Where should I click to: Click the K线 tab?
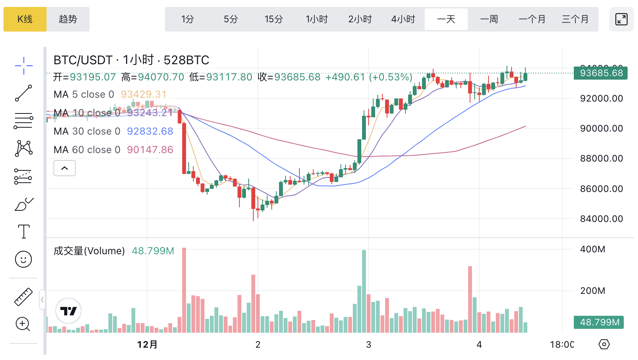[x=25, y=19]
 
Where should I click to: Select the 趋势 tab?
[x=68, y=19]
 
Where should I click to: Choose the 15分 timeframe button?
[x=274, y=19]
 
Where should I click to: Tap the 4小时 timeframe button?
[x=403, y=19]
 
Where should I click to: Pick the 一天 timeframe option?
[x=446, y=19]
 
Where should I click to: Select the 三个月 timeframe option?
[x=575, y=19]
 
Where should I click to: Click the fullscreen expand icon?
[x=621, y=19]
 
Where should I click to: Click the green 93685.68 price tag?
[x=601, y=73]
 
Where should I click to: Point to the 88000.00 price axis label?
[x=601, y=158]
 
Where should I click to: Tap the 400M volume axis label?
[x=593, y=249]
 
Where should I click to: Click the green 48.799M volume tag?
[x=599, y=322]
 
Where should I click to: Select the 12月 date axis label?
[x=147, y=345]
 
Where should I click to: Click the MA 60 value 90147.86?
[x=150, y=150]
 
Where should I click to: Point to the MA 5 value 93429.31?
[x=144, y=94]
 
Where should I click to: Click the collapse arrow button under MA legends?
[x=65, y=168]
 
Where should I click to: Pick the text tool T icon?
[x=23, y=232]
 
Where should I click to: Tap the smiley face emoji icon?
[x=23, y=259]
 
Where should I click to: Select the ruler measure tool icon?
[x=23, y=297]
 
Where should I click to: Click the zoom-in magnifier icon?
[x=23, y=324]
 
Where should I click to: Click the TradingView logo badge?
[x=68, y=311]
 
